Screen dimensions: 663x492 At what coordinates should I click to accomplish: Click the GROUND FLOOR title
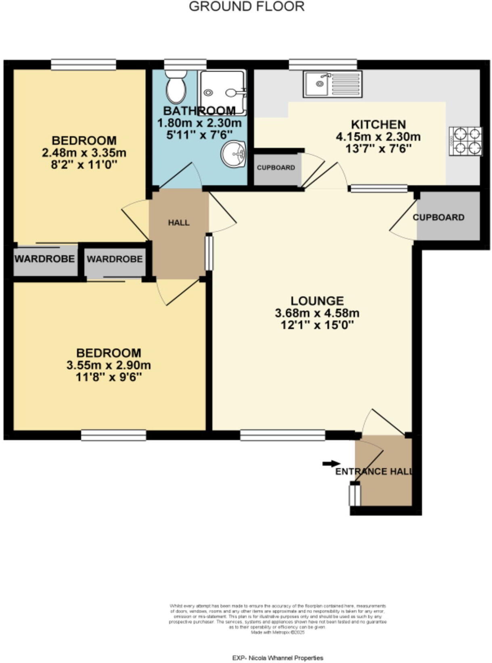247,6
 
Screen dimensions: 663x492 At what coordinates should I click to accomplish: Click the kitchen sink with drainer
333,84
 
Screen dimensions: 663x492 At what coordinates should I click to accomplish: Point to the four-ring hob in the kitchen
466,141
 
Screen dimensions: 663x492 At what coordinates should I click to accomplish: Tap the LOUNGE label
317,301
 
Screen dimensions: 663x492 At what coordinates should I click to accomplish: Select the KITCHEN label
378,124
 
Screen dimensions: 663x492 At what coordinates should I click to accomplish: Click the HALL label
179,223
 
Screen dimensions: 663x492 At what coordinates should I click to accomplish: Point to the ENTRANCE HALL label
374,471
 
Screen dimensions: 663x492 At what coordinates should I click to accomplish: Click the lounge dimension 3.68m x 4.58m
317,313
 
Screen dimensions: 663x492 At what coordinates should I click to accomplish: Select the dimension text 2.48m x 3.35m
84,153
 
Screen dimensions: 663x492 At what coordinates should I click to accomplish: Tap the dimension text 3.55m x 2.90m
109,365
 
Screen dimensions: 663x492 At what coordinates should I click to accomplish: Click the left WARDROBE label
45,259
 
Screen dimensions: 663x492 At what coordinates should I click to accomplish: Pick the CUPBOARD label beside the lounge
438,217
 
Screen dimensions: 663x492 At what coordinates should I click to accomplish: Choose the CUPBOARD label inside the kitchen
276,167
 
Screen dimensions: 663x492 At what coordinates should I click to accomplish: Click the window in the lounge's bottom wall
283,435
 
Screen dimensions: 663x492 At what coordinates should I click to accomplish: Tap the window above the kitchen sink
323,64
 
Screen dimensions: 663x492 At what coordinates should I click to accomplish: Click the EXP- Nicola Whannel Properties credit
278,658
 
